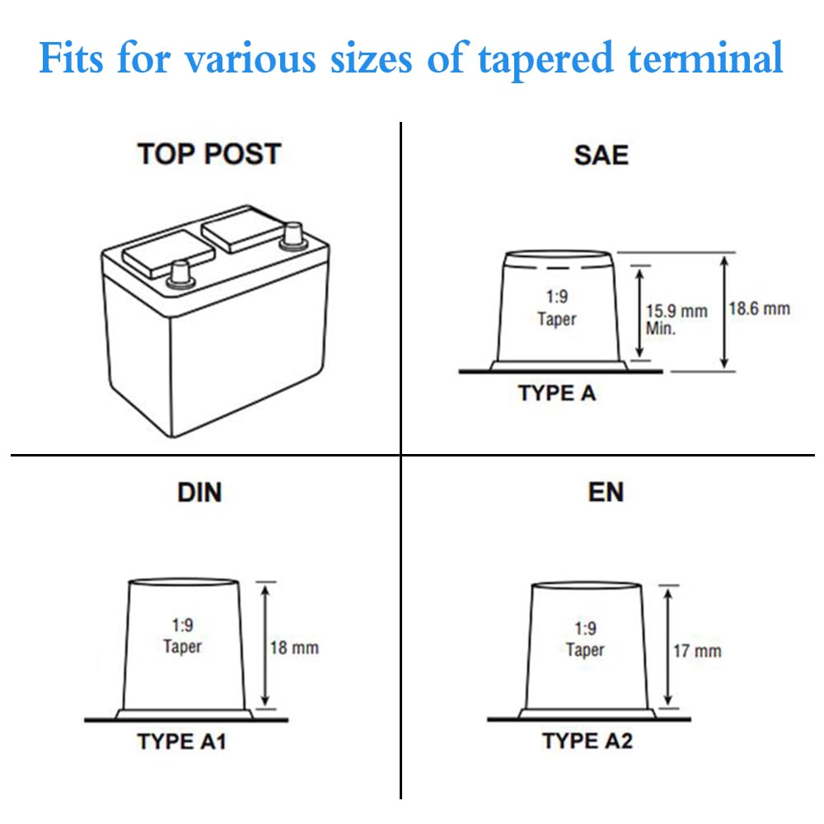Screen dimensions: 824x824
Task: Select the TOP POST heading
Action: (x=209, y=154)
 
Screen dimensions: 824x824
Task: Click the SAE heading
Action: (x=601, y=155)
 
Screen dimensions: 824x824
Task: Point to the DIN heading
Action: (x=199, y=492)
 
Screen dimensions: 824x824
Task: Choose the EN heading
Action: (x=606, y=492)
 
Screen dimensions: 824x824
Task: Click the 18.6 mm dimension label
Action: (x=759, y=309)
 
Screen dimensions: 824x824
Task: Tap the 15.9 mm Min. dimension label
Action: (x=676, y=319)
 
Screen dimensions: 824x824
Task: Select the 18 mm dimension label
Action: (x=294, y=647)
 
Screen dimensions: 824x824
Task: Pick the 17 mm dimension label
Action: (x=697, y=651)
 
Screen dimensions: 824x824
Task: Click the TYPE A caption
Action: (x=557, y=393)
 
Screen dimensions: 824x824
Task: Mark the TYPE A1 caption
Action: (x=181, y=742)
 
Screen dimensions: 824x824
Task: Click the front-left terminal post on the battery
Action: (x=180, y=273)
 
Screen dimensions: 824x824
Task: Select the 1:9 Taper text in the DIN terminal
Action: (x=182, y=636)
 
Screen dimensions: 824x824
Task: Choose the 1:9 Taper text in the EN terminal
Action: (x=585, y=639)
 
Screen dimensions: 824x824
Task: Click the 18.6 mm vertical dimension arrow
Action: (x=724, y=311)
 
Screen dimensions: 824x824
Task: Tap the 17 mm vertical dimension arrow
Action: (x=667, y=647)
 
